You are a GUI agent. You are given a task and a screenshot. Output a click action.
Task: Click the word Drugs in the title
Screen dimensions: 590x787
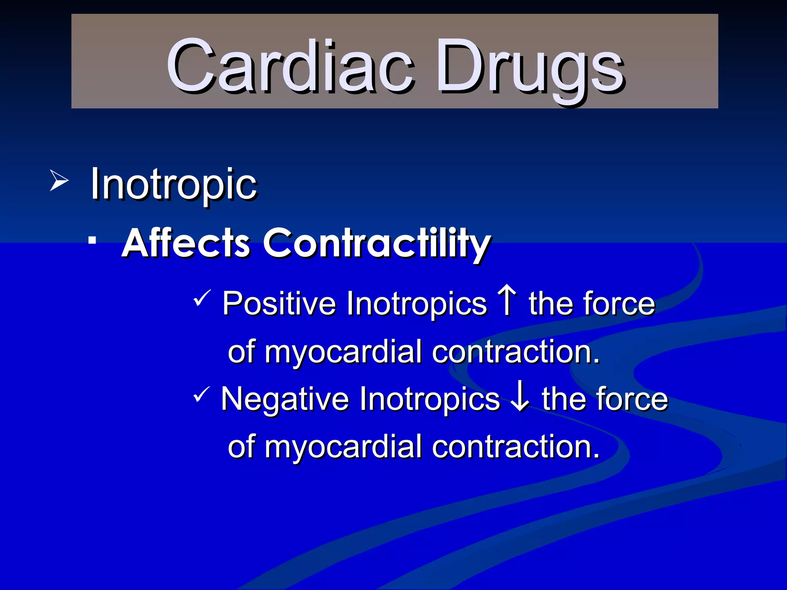pos(530,67)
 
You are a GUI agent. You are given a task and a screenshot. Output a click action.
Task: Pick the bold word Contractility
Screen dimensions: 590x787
pos(377,244)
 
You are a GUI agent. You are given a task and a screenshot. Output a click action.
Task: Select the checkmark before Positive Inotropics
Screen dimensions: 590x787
pos(202,298)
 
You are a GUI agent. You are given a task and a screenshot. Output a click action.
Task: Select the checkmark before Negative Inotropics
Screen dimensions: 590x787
pos(202,394)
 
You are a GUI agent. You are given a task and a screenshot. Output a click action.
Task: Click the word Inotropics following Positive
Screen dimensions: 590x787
pos(417,303)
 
